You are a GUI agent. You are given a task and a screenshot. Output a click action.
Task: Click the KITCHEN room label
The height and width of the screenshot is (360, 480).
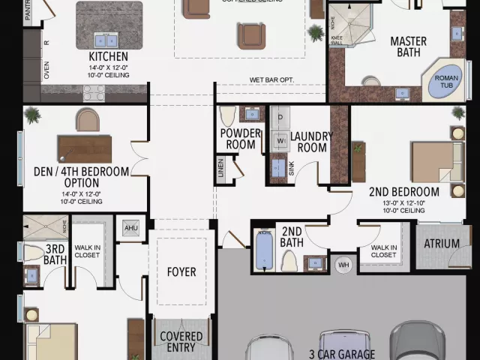click(108, 56)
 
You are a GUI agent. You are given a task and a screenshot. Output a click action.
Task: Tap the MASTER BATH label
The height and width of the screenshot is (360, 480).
click(408, 46)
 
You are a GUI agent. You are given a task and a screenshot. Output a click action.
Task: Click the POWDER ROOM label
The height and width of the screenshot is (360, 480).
click(240, 139)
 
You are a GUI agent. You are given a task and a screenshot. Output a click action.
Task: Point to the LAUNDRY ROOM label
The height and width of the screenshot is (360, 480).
click(308, 142)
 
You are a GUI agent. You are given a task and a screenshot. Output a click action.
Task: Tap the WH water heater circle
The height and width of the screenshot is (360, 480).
click(343, 264)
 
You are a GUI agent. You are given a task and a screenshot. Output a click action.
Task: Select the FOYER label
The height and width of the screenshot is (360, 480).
click(181, 272)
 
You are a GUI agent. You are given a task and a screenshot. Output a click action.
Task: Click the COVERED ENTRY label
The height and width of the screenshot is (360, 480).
click(181, 342)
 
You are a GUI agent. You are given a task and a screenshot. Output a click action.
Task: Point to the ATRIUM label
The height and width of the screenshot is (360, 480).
click(442, 244)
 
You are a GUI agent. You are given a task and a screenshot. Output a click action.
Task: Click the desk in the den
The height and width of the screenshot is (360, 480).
click(85, 148)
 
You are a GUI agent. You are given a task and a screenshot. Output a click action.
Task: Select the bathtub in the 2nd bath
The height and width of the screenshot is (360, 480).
click(263, 253)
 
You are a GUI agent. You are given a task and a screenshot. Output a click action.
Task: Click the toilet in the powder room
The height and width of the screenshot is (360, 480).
click(228, 115)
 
